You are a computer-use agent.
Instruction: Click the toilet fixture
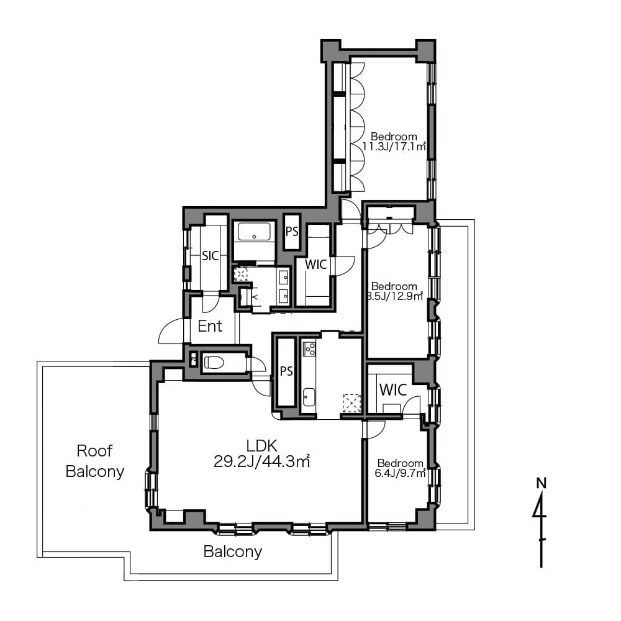click(214, 362)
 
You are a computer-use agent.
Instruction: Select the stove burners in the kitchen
click(309, 348)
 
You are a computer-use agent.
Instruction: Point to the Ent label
click(210, 327)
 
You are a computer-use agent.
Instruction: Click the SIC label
click(211, 256)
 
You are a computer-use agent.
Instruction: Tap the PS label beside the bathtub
click(292, 231)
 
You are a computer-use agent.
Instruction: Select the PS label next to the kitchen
click(286, 371)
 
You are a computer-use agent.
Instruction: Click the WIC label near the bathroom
click(316, 264)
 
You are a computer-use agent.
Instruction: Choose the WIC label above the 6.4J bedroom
click(393, 390)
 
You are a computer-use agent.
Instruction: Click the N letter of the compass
click(541, 483)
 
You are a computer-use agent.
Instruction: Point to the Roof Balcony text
click(94, 461)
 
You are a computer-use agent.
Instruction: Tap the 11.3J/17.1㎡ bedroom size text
click(394, 147)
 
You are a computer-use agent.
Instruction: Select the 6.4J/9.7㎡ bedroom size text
click(400, 473)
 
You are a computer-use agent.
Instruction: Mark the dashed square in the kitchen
click(351, 404)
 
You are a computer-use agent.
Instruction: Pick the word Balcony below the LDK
click(232, 551)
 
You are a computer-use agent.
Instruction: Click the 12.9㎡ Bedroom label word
click(394, 286)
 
